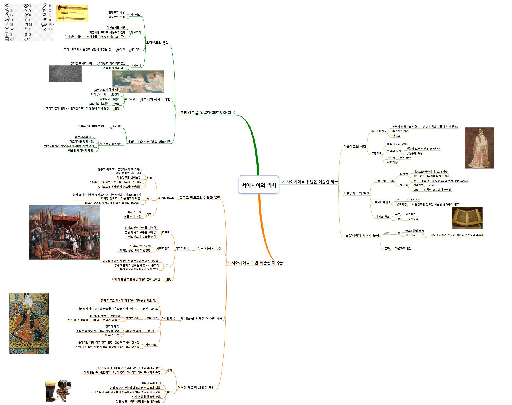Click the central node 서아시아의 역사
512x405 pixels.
[259, 185]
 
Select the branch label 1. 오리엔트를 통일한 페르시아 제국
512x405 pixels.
[205, 113]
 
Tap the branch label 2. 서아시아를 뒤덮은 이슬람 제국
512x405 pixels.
[310, 182]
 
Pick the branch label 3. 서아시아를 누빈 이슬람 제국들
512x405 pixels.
[255, 263]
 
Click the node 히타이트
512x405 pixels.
[135, 14]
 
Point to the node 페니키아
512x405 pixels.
[136, 32]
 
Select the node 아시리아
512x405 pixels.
[136, 66]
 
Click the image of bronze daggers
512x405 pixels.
[72, 13]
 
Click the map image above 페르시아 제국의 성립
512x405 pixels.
[138, 82]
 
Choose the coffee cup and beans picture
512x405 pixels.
[58, 391]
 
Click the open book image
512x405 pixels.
[467, 218]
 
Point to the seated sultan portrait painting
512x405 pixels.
[29, 323]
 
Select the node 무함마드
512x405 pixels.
[376, 153]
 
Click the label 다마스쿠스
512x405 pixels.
[413, 200]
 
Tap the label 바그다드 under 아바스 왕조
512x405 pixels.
[411, 214]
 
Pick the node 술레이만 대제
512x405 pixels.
[133, 331]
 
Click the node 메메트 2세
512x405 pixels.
[132, 318]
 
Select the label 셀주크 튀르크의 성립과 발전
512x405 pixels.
[200, 197]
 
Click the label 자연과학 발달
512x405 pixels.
[403, 248]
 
